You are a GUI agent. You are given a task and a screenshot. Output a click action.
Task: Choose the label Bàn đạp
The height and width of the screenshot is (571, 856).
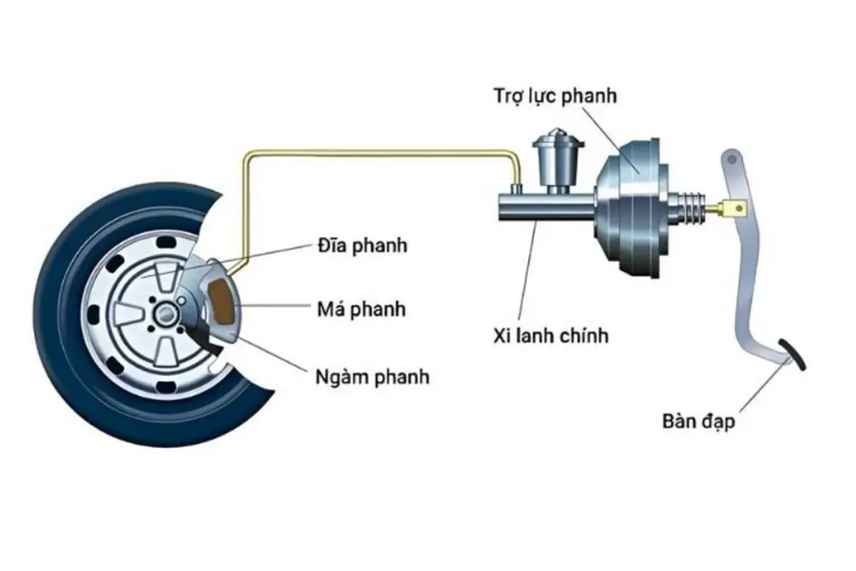[698, 421]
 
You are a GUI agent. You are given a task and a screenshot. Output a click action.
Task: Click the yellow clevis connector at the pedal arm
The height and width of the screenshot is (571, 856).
[737, 206]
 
